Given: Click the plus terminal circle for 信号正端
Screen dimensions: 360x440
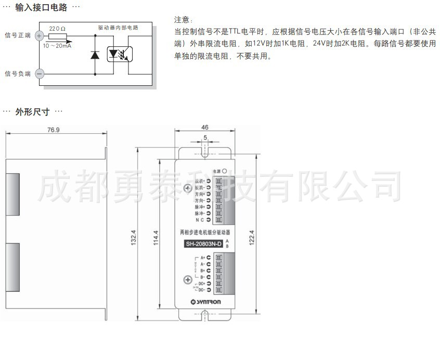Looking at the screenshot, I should coord(40,35).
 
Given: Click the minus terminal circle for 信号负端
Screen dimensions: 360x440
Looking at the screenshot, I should coord(40,74).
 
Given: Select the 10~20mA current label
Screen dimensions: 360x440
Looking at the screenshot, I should coord(57,46).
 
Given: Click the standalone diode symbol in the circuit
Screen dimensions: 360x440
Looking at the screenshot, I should coord(95,54).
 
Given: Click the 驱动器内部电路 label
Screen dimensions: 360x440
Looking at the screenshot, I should coord(118,27).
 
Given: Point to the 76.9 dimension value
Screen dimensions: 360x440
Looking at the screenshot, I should coord(54,129).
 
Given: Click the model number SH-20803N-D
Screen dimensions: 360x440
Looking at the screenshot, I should coord(204,244).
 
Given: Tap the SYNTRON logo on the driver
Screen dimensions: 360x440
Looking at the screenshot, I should coord(205,302).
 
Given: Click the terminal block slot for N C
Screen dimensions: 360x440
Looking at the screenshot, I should coord(219,220).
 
